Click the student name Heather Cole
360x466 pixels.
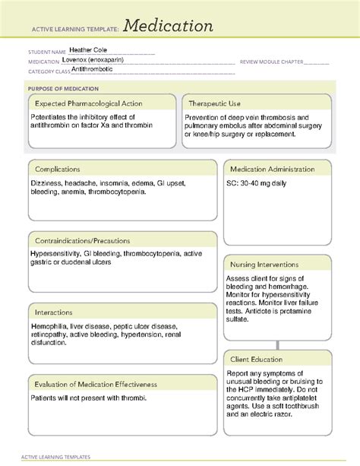coord(90,52)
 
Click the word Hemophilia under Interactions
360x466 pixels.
coord(50,327)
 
